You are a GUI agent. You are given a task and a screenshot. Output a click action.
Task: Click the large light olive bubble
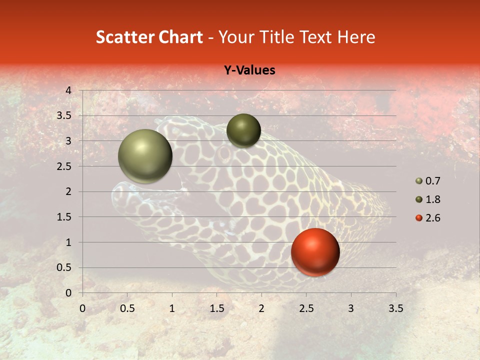click(145, 156)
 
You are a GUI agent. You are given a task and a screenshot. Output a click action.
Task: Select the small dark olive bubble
click(243, 130)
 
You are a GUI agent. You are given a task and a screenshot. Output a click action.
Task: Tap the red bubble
click(315, 252)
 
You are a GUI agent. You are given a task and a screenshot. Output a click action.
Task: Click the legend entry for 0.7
click(428, 181)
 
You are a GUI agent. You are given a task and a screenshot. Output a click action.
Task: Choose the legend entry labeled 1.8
click(428, 199)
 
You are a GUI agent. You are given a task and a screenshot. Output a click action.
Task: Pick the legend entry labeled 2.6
click(428, 218)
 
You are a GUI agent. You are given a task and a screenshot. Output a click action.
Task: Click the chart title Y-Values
click(249, 70)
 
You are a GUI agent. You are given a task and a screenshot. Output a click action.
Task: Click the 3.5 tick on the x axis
click(395, 308)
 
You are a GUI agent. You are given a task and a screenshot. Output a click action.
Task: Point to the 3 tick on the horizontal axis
click(351, 308)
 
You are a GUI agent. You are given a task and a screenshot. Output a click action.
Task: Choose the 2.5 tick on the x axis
click(306, 308)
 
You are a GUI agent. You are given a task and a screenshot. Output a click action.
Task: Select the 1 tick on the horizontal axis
click(172, 308)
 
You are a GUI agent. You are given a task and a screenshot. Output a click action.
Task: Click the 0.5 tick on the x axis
click(127, 308)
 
